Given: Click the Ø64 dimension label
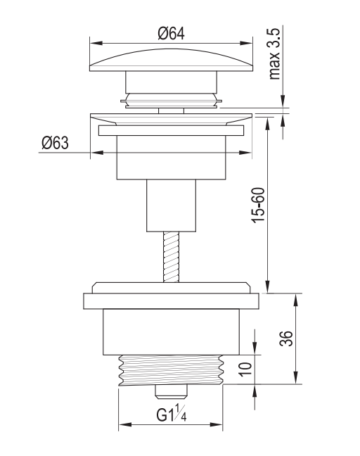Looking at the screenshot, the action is [x=171, y=34].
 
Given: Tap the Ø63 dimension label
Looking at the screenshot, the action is [x=56, y=142].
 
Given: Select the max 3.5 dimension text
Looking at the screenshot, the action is [x=274, y=53].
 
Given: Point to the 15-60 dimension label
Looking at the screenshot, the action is [x=258, y=205].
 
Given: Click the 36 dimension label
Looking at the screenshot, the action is [x=286, y=338].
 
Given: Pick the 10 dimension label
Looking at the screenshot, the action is [x=246, y=369].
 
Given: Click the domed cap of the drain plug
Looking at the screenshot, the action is [x=171, y=60].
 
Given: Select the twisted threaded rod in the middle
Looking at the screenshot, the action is [x=171, y=257].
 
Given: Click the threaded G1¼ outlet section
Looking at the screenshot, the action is [x=171, y=370].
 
